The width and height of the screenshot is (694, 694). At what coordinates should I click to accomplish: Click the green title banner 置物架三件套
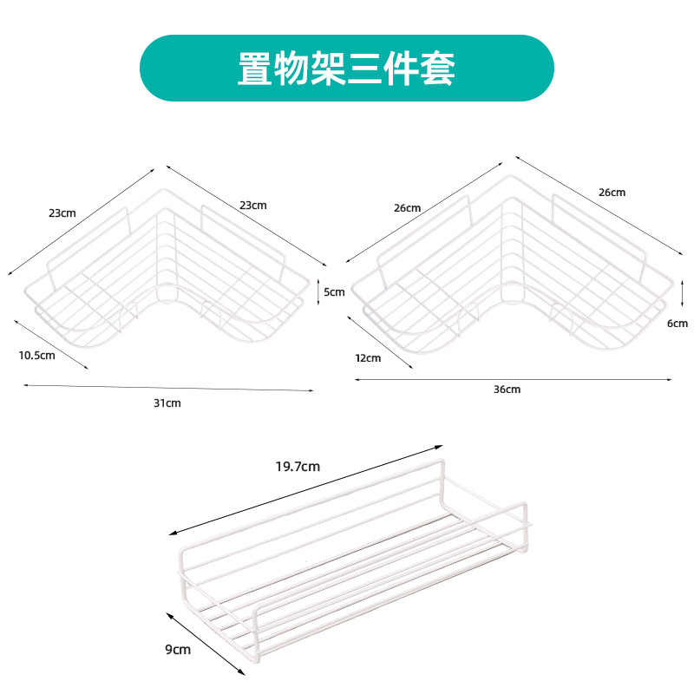[x=347, y=68]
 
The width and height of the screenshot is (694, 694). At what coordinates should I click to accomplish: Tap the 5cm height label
[x=335, y=292]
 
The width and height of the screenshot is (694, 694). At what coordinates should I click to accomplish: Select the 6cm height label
[x=678, y=324]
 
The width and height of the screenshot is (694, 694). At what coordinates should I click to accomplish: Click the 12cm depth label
[x=368, y=357]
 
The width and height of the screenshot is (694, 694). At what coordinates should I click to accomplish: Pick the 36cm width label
[x=507, y=390]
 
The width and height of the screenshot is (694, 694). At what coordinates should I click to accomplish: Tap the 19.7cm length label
[x=298, y=466]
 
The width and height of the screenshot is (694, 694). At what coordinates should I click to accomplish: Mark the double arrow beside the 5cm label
[x=318, y=291]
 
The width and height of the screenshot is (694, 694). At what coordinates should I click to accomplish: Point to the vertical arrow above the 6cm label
[x=684, y=292]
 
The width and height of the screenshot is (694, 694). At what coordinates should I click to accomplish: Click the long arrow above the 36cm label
[x=513, y=378]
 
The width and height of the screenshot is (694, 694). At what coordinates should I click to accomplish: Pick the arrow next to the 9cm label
[x=205, y=642]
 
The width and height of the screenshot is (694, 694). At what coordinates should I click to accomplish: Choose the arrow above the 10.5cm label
[x=51, y=344]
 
